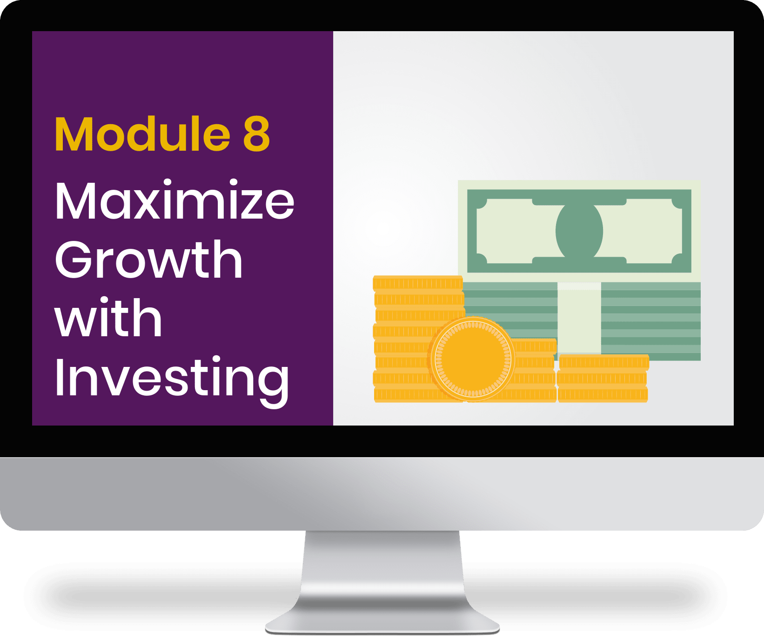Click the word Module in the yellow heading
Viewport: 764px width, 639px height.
tap(142, 134)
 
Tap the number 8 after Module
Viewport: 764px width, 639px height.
tap(256, 134)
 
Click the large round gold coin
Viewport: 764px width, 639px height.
tap(472, 359)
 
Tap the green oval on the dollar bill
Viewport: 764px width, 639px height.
tap(579, 231)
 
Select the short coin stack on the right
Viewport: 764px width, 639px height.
tap(603, 378)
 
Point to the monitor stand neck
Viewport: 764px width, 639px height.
tap(382, 572)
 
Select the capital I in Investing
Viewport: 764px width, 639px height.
tap(59, 377)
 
